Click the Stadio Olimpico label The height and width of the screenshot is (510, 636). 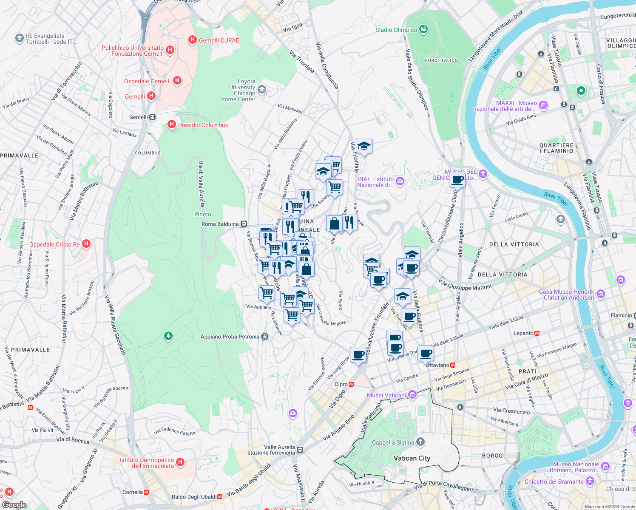[x=396, y=30]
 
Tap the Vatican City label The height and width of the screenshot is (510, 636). [x=412, y=458]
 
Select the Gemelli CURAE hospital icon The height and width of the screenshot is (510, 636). [x=192, y=40]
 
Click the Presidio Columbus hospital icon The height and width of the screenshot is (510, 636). [x=172, y=125]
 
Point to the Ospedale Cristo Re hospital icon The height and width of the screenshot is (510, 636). [x=86, y=244]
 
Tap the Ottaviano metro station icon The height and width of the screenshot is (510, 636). [x=453, y=365]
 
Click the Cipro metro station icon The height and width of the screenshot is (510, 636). [x=351, y=384]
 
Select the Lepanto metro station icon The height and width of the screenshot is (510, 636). [x=537, y=333]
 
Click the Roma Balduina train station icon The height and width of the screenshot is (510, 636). [x=244, y=224]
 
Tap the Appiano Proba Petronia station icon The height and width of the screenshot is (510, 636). [x=264, y=337]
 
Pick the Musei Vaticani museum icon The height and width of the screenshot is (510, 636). [x=412, y=395]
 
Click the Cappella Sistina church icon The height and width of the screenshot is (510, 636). [x=420, y=442]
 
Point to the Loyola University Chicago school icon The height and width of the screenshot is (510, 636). [x=262, y=89]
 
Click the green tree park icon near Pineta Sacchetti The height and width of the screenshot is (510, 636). [x=168, y=336]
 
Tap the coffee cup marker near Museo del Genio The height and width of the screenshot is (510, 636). [x=457, y=180]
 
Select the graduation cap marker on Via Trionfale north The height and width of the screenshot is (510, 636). [x=364, y=146]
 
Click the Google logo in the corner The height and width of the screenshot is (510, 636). [x=14, y=505]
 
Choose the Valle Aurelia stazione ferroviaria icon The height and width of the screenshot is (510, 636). [x=300, y=450]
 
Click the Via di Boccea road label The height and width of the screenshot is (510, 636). [x=73, y=441]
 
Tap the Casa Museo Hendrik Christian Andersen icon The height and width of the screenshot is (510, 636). [x=600, y=294]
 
